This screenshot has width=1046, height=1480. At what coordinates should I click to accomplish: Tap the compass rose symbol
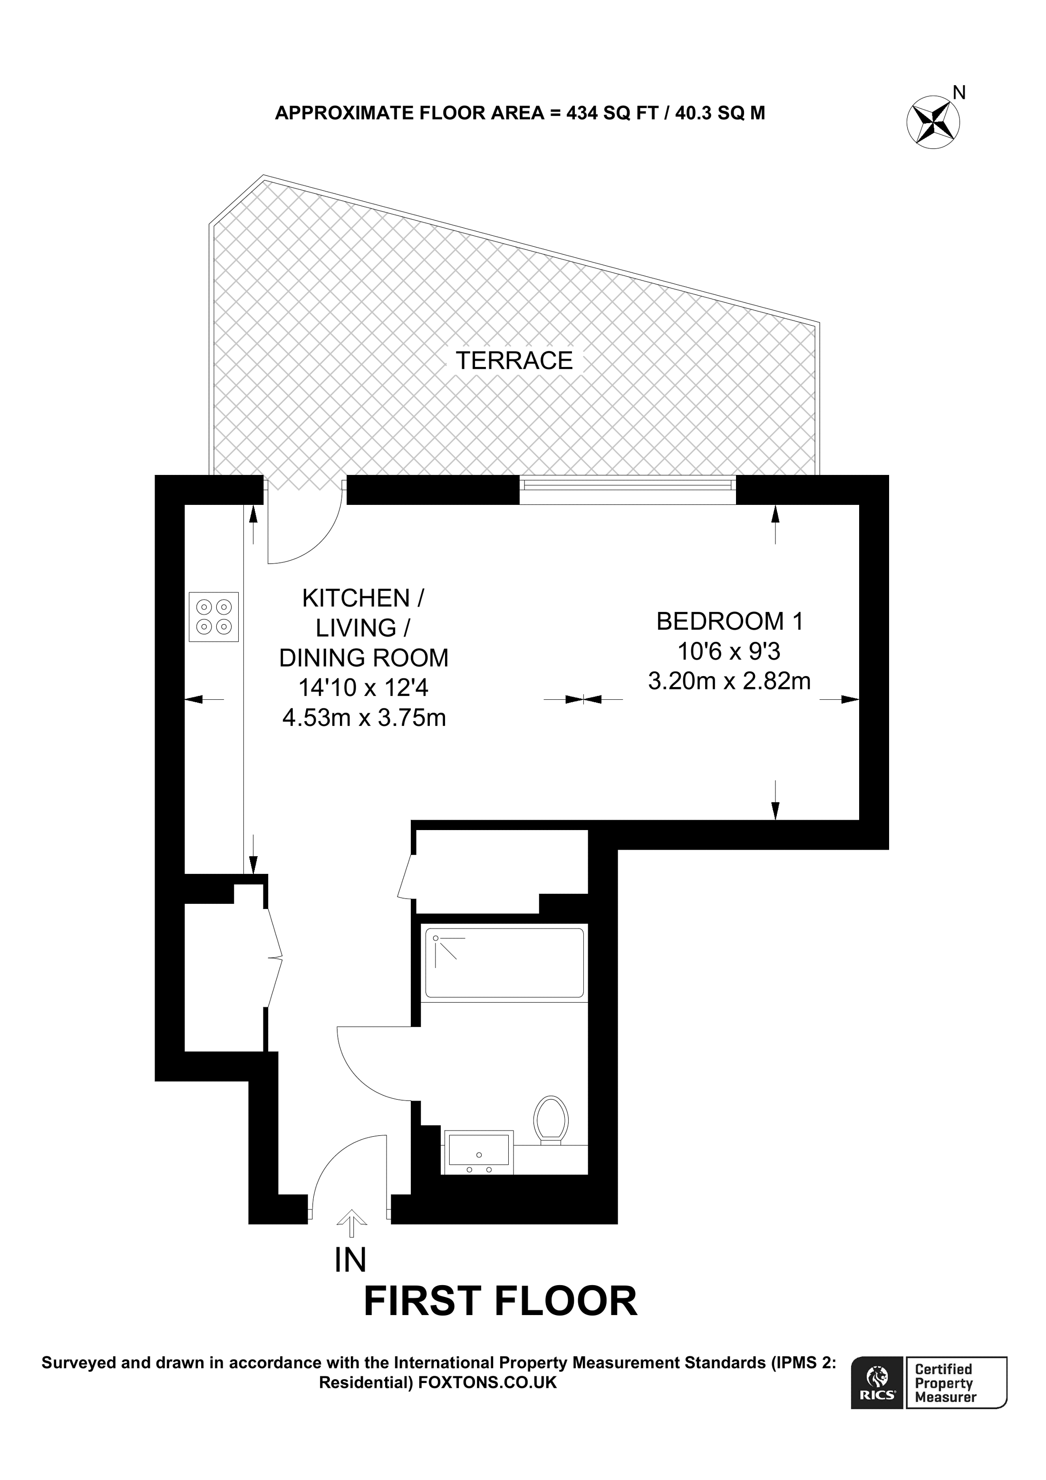(932, 122)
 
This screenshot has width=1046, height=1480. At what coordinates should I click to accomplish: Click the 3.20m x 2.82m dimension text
(729, 681)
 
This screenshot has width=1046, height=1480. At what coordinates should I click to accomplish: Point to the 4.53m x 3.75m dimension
(364, 717)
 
